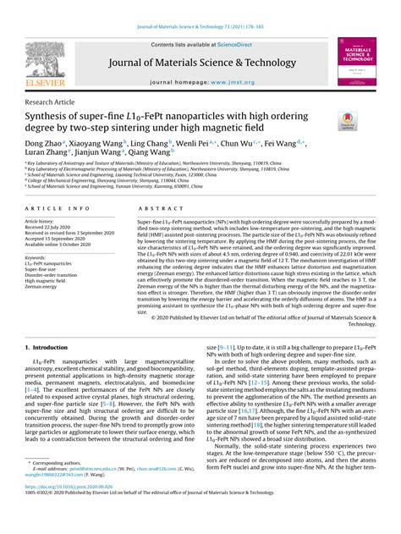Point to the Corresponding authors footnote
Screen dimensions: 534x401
tap(63, 487)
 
